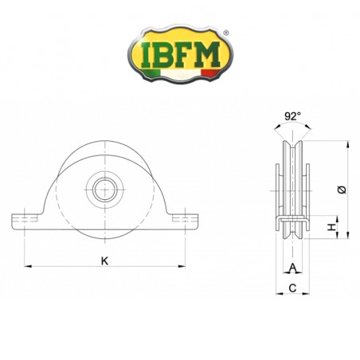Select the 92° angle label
(293, 116)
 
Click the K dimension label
(104, 260)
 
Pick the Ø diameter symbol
(341, 189)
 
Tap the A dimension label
(293, 268)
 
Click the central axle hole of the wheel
(104, 190)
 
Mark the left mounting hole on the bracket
(28, 219)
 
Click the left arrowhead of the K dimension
(27, 266)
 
